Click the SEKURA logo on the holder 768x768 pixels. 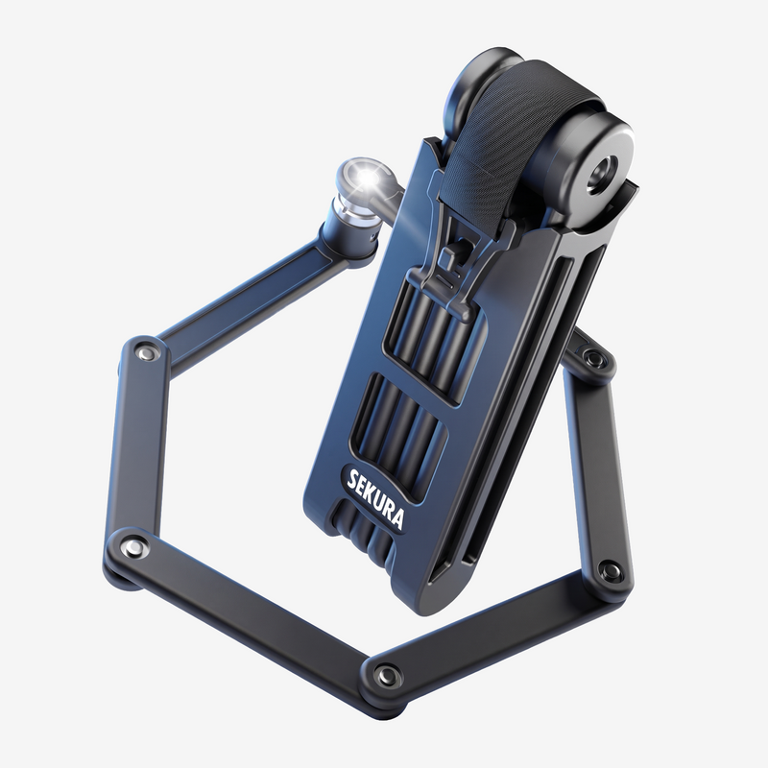point(376,496)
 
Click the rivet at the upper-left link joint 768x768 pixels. point(146,352)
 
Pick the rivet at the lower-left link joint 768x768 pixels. point(131,545)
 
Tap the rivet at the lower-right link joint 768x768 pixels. point(610,569)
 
